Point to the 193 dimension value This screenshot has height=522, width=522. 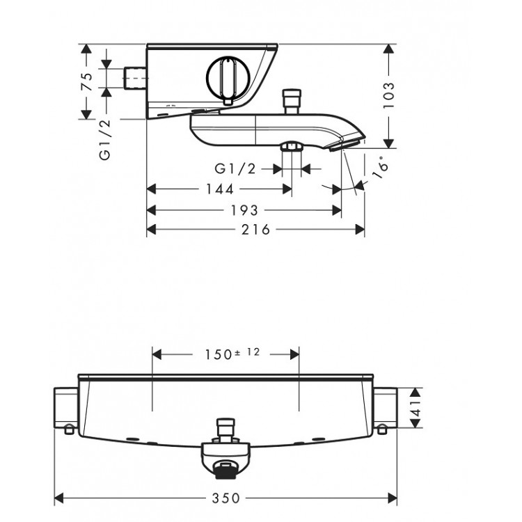pos(244,210)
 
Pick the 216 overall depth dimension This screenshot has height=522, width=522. pos(256,230)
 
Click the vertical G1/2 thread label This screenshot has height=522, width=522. pos(105,140)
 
